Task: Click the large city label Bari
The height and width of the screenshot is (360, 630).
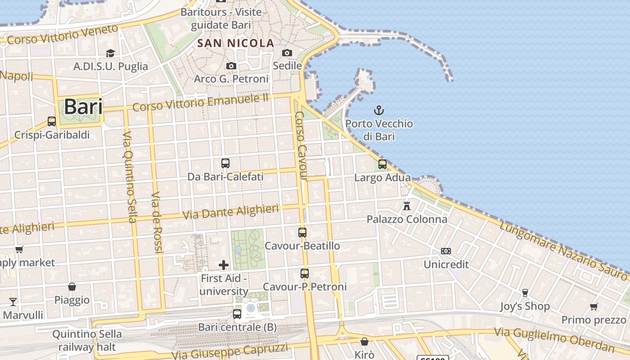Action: point(83,107)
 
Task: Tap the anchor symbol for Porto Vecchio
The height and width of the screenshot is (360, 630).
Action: point(379,110)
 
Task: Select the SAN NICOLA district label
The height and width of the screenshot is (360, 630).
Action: point(236,43)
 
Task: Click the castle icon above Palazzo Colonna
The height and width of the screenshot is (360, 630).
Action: point(407,206)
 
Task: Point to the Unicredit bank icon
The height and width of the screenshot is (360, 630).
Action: point(446,251)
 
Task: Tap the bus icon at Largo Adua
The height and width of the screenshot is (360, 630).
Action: point(382,164)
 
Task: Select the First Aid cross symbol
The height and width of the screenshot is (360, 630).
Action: point(224,265)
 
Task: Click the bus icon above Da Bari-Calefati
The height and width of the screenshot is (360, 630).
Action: point(225,163)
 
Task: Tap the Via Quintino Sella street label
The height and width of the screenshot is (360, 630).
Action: point(129,177)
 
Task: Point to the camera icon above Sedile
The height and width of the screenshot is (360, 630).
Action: point(287,53)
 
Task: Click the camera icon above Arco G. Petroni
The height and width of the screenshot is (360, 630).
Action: point(231,66)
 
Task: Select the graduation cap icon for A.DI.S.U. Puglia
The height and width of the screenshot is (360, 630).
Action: point(111,54)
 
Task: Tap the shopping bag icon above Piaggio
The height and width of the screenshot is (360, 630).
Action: point(72,287)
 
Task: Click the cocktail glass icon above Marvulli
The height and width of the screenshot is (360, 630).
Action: point(13,301)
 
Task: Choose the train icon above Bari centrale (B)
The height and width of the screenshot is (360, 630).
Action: point(237,314)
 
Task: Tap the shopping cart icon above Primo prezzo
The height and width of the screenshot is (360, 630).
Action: point(594,307)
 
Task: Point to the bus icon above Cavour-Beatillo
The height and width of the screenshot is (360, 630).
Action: point(302,233)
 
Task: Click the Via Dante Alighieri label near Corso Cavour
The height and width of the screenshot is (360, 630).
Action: point(231,212)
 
